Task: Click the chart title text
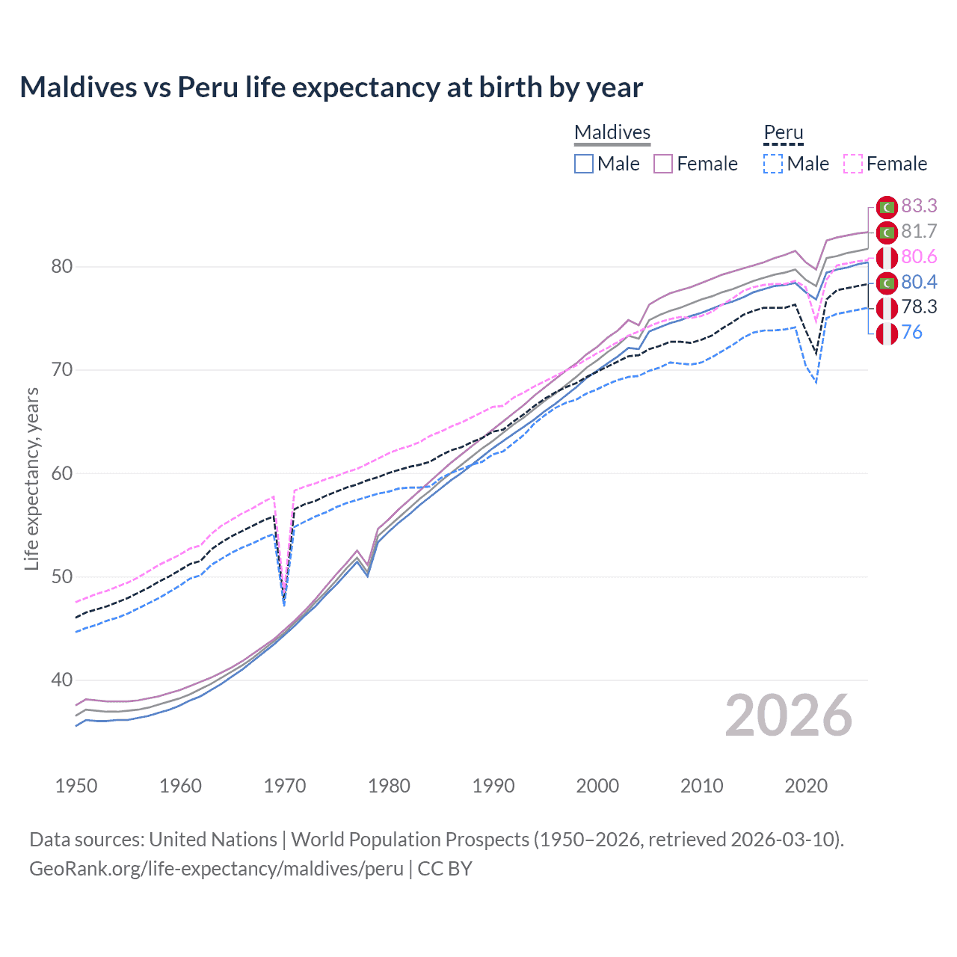(331, 87)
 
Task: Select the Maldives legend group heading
(612, 132)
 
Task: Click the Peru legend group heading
(783, 132)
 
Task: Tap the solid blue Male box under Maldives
(584, 164)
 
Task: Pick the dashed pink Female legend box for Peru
(853, 164)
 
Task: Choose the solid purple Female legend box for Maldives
(663, 164)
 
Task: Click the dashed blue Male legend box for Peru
(773, 164)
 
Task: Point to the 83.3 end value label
(919, 206)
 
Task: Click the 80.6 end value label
(919, 256)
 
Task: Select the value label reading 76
(911, 332)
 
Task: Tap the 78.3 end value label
(919, 307)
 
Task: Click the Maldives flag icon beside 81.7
(887, 233)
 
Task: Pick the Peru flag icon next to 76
(887, 333)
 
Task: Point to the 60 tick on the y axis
(62, 473)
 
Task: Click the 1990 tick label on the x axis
(493, 786)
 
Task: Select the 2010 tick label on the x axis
(701, 786)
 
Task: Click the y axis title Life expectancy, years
(32, 478)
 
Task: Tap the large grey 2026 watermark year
(788, 716)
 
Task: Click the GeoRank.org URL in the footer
(216, 868)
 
